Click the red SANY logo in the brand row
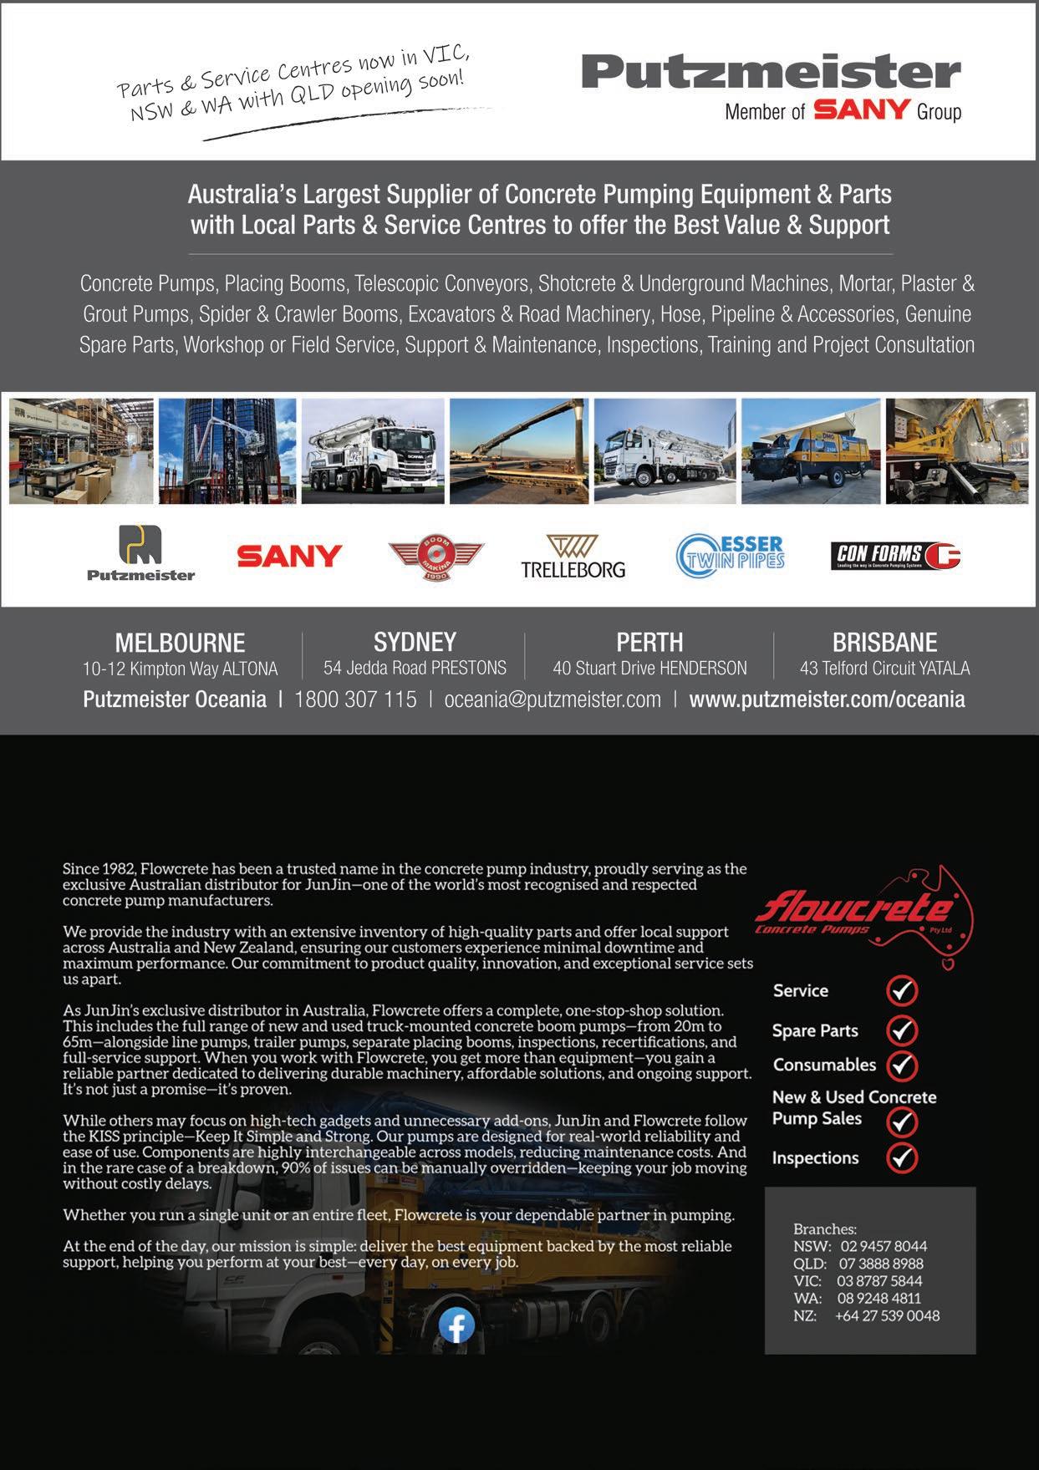[289, 556]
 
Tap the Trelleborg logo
[573, 557]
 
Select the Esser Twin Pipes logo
[731, 556]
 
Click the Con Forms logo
[895, 555]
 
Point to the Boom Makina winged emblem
[435, 556]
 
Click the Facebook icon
[456, 1325]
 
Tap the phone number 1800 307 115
[355, 699]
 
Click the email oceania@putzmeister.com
[553, 699]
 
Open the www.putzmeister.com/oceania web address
[827, 699]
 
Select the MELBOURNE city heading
[180, 643]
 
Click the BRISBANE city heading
[884, 642]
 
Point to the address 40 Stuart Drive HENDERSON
[649, 669]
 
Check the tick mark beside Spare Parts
[902, 1030]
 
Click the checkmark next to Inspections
[902, 1157]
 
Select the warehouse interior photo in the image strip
[81, 451]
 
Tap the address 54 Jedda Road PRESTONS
[415, 669]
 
